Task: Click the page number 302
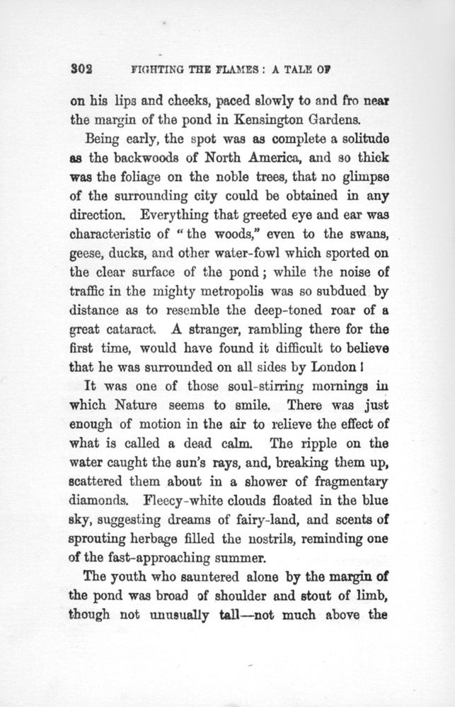tap(82, 71)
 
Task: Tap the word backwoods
tap(146, 154)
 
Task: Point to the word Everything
tap(180, 210)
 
